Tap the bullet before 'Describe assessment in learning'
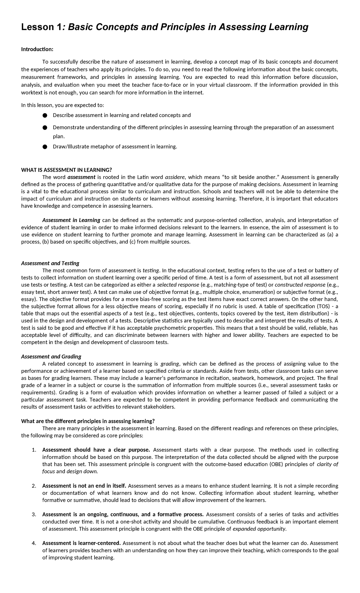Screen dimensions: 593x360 pos(45,116)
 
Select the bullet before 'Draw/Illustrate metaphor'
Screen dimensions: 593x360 pos(45,147)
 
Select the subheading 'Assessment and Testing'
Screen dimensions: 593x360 pos(50,263)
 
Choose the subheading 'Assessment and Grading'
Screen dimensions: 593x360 pos(51,357)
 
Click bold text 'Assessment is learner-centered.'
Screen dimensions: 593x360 pos(81,543)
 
